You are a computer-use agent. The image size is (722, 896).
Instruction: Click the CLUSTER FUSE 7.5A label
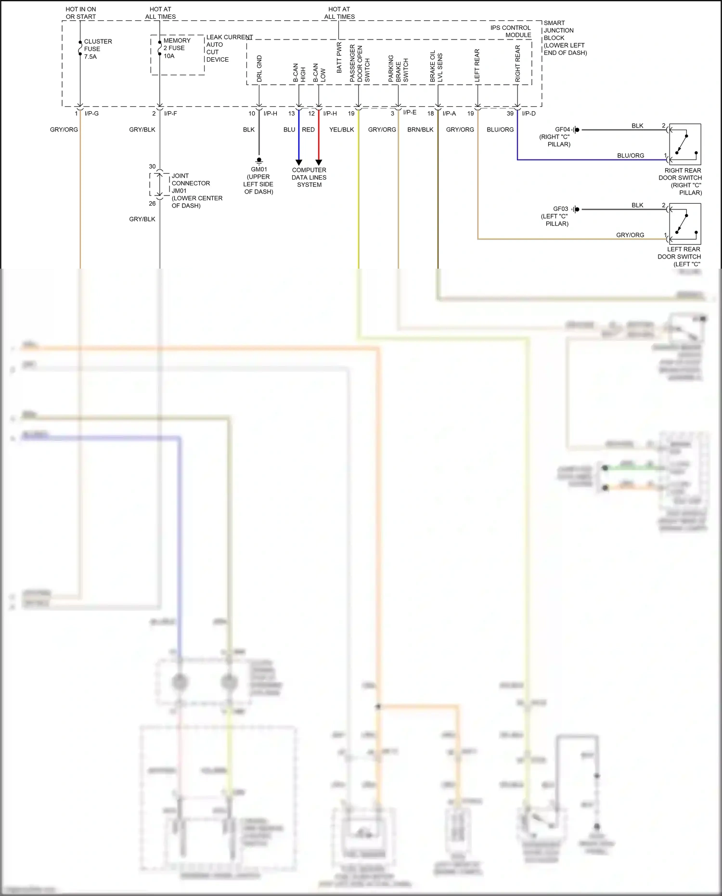[x=97, y=49]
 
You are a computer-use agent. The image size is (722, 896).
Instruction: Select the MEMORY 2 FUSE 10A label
[x=177, y=48]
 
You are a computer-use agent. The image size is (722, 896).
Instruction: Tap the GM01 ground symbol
[x=259, y=160]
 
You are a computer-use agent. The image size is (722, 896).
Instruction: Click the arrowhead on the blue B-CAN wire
[x=298, y=162]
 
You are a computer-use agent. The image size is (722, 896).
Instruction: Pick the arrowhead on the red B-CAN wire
[x=319, y=162]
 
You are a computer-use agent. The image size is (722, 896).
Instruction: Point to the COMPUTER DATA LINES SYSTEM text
[x=309, y=177]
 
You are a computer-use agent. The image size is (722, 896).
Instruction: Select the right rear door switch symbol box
[x=685, y=144]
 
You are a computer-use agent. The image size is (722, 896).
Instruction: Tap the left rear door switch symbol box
[x=685, y=224]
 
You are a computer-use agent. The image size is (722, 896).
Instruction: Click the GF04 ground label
[x=562, y=130]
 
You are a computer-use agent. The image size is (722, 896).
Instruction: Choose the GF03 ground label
[x=560, y=209]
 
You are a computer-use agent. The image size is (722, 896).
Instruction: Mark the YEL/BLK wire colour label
[x=341, y=130]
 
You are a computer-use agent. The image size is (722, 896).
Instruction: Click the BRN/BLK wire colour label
[x=420, y=130]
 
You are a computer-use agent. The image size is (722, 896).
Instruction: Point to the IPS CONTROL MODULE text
[x=511, y=31]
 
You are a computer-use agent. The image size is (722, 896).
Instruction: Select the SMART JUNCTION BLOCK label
[x=564, y=38]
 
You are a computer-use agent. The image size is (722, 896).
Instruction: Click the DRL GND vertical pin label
[x=259, y=68]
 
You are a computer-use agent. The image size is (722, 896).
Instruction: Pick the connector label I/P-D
[x=529, y=114]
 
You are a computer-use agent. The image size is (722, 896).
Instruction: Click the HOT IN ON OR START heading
[x=81, y=13]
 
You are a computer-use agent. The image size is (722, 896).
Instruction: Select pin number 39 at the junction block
[x=510, y=114]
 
